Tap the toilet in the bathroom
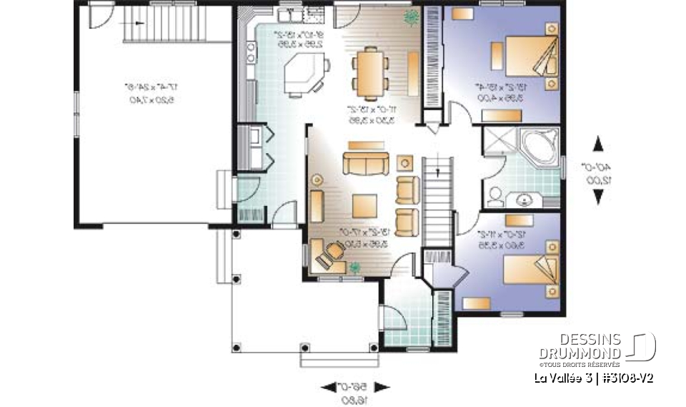(494, 197)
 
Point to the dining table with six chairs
(369, 72)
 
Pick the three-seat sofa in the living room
(365, 163)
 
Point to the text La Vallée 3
(560, 378)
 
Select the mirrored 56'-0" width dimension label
(355, 393)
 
